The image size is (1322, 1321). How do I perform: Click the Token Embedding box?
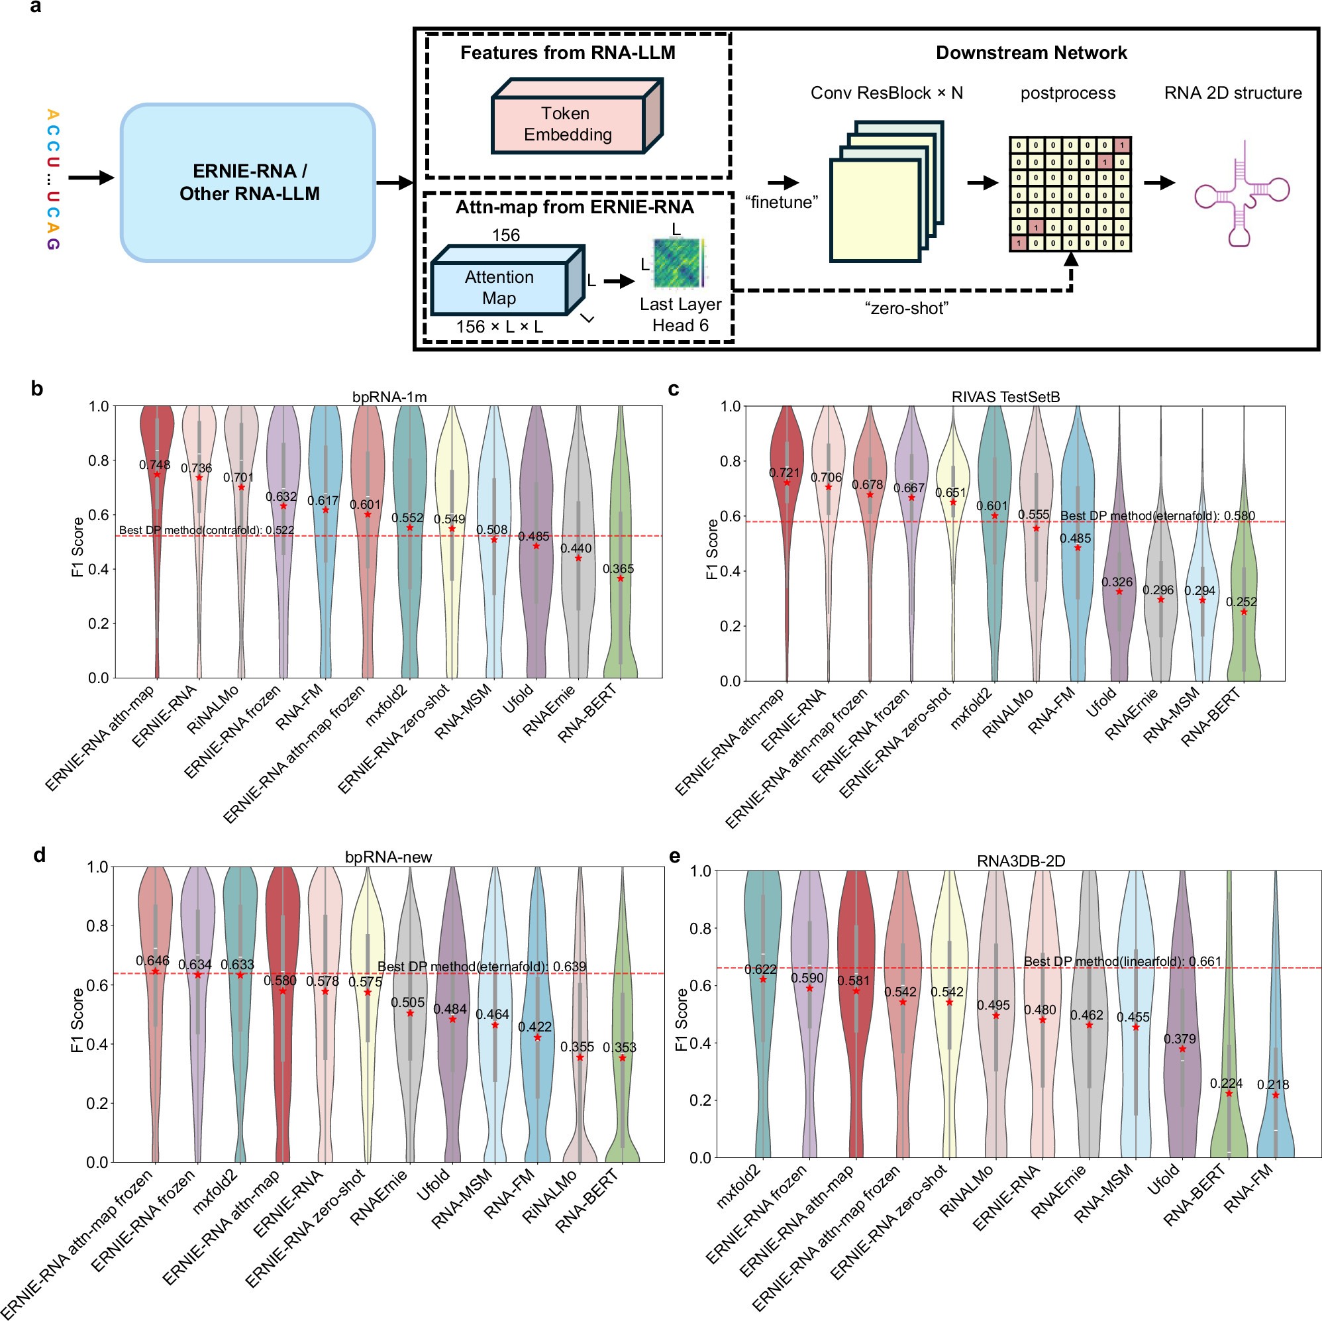[568, 123]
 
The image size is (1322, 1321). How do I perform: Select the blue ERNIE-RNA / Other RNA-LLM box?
[248, 182]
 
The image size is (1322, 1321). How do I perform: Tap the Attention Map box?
[499, 288]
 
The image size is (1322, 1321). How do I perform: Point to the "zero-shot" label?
[906, 309]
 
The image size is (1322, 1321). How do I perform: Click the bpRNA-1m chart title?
[389, 397]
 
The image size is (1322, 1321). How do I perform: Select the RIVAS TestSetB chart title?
[1005, 397]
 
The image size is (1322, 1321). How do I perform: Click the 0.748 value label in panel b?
[154, 465]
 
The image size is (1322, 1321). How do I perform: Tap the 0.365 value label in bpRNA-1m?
[618, 569]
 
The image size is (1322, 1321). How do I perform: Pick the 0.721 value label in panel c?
[784, 473]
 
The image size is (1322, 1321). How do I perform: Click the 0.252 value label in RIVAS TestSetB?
[1241, 602]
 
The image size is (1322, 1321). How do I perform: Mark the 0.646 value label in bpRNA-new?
[152, 961]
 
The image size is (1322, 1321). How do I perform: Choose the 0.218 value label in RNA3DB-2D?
[1273, 1084]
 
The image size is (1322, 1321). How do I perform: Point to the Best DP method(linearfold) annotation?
[1122, 961]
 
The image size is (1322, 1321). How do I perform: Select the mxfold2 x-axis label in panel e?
[738, 1185]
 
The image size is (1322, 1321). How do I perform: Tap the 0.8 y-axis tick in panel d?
[97, 926]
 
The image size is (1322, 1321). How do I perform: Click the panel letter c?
[674, 389]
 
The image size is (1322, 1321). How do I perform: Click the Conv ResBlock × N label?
[887, 93]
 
